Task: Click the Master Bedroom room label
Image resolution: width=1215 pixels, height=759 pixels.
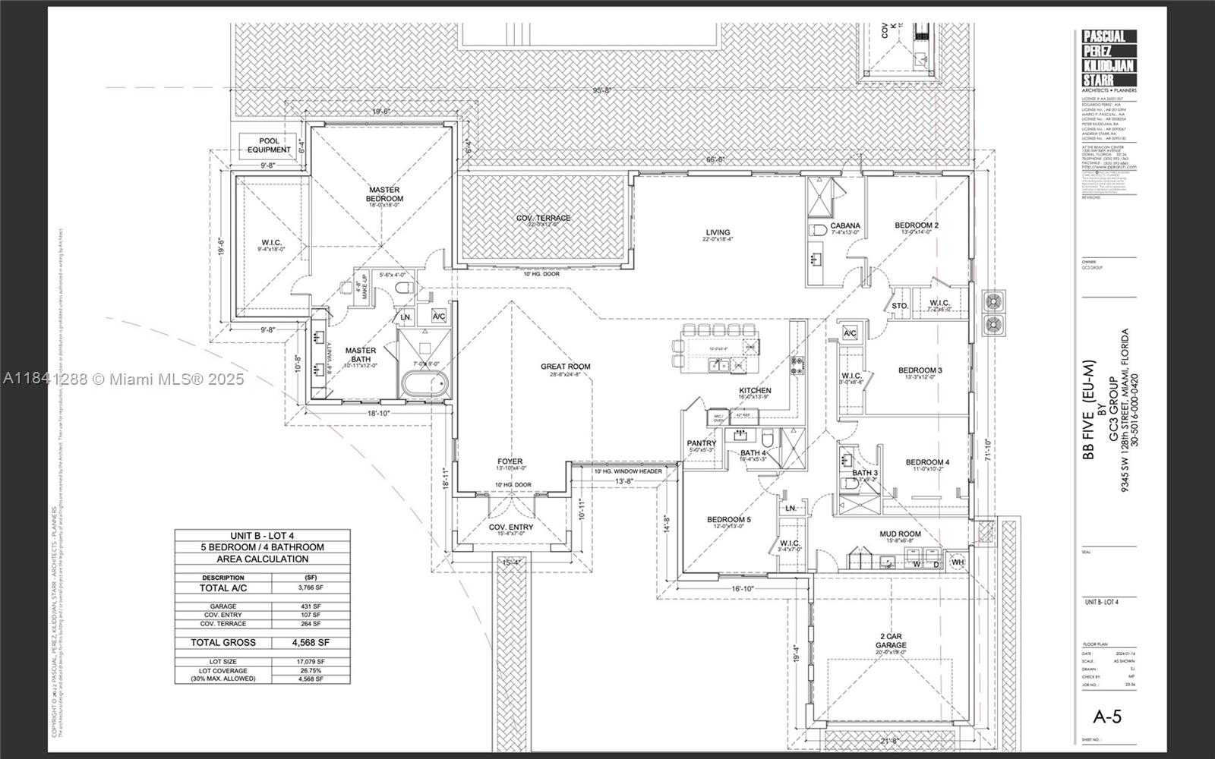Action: point(385,194)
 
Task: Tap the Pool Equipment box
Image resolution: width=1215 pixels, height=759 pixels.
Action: point(269,145)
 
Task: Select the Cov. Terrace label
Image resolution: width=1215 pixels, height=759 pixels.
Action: point(543,219)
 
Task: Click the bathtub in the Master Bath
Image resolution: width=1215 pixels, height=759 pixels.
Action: point(423,386)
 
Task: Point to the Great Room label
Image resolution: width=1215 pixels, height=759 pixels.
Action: point(565,367)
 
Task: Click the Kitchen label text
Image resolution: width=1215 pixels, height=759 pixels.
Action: point(755,391)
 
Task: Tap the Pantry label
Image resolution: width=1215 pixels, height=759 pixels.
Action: point(701,443)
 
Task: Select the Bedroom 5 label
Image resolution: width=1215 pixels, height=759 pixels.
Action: point(729,520)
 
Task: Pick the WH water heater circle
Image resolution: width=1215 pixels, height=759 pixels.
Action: point(958,562)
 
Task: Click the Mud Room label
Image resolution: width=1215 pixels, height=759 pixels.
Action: point(900,534)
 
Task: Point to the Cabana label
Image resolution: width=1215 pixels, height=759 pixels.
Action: point(845,226)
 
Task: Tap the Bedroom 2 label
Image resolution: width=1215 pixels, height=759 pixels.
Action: point(916,225)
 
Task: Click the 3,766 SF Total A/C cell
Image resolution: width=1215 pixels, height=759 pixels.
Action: point(310,587)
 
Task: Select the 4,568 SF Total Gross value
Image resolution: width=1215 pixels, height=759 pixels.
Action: point(310,642)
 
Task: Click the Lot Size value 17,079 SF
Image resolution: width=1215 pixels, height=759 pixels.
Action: point(310,662)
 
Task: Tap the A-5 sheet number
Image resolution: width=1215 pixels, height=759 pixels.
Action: point(1107,716)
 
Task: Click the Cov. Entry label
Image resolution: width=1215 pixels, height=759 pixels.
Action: point(510,527)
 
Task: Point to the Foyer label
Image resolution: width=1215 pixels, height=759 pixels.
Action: point(510,461)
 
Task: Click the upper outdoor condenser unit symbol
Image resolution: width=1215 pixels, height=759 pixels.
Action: point(993,301)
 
